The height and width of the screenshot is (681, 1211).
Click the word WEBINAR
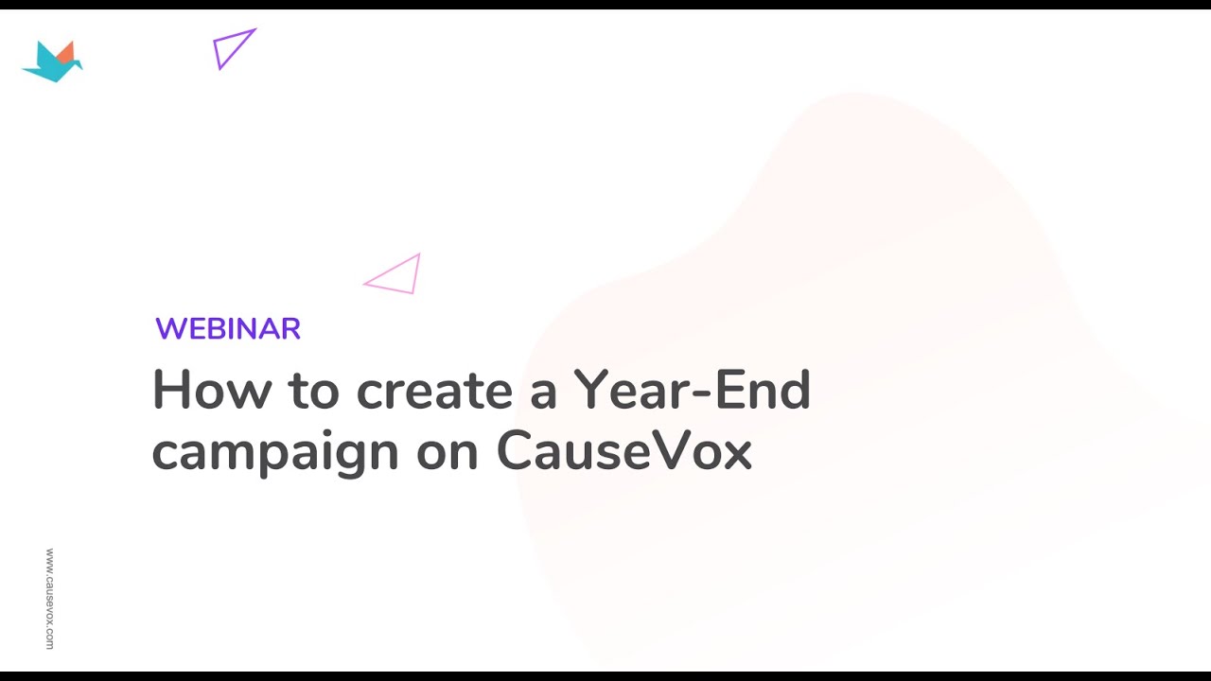(x=228, y=329)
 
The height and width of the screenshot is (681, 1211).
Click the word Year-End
(x=692, y=390)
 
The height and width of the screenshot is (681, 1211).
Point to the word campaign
(x=275, y=453)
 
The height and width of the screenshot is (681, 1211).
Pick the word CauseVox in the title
(x=623, y=451)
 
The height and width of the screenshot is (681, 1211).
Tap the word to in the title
(x=312, y=390)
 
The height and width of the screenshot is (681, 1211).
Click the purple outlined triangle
(x=233, y=48)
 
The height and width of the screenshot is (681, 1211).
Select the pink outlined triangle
(x=395, y=275)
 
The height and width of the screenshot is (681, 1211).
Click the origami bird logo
(x=52, y=61)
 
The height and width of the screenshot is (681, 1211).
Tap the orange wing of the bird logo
(x=65, y=52)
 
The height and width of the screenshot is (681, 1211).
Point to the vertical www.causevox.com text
(x=49, y=598)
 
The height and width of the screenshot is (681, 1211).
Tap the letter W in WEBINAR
(x=172, y=329)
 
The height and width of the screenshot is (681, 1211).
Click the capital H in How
(x=171, y=389)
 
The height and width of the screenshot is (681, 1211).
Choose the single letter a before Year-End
(x=543, y=393)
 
